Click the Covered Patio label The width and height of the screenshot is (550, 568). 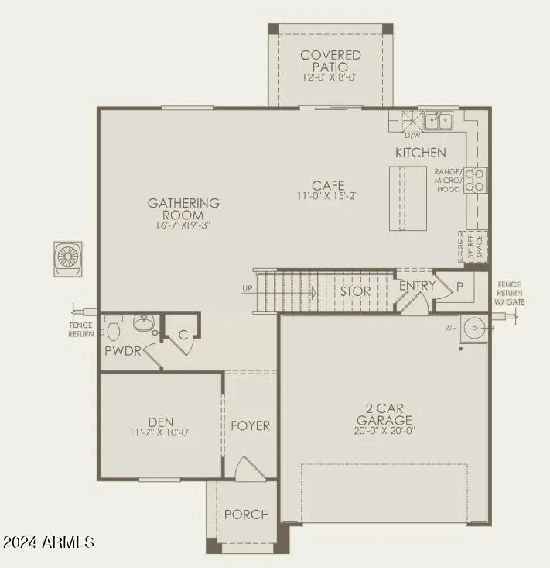point(330,61)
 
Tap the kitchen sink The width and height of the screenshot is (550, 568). point(439,121)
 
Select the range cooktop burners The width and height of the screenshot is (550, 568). point(474,180)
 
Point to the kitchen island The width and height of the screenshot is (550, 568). point(408,198)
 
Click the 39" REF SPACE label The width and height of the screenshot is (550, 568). point(476,246)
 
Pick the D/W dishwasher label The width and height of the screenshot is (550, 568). point(412,136)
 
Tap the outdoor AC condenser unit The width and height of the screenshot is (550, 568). point(67,259)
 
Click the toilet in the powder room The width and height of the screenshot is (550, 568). point(113,328)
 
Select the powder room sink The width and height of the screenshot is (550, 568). point(144,322)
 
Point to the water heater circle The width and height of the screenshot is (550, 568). point(474,328)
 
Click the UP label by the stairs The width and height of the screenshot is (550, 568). point(248,289)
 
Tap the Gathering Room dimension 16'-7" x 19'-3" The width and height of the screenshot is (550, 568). point(183,225)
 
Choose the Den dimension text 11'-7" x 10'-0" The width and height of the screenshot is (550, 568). point(160,432)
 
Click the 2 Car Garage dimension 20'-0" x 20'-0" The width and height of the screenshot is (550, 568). point(384,430)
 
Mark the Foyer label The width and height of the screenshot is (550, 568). point(250,425)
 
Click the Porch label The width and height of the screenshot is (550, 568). point(247,515)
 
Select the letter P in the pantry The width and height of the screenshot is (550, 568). point(459,287)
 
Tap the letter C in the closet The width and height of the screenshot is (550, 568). point(183,336)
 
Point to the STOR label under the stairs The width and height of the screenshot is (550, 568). point(355,291)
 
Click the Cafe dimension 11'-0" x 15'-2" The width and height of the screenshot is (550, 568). point(328,196)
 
